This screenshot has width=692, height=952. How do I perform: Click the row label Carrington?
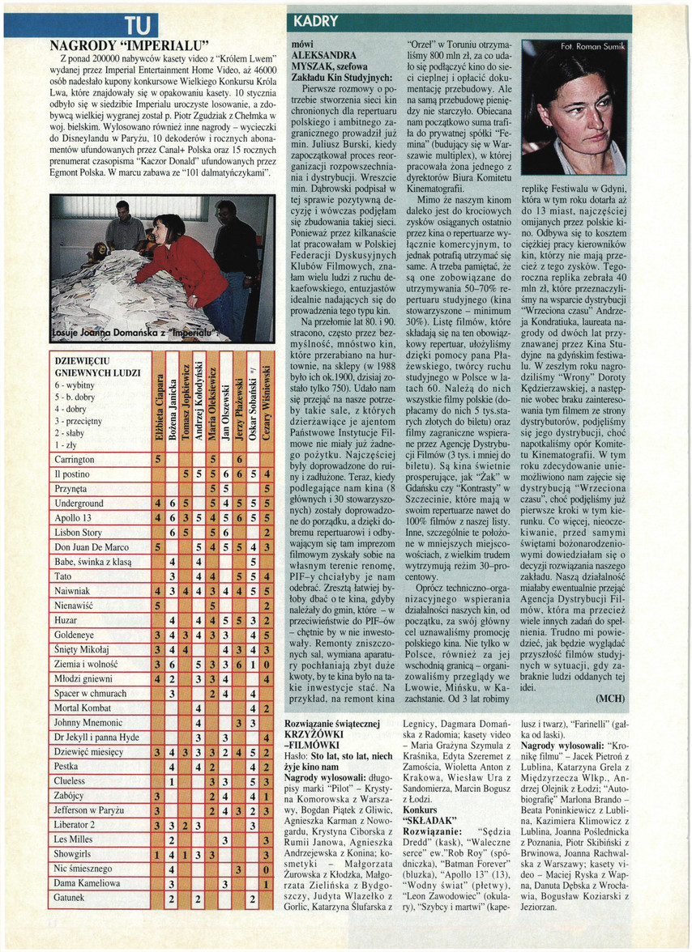[74, 460]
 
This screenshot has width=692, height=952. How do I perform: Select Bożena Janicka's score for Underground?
[173, 504]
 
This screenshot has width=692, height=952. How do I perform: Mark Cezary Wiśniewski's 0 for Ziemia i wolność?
[267, 664]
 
